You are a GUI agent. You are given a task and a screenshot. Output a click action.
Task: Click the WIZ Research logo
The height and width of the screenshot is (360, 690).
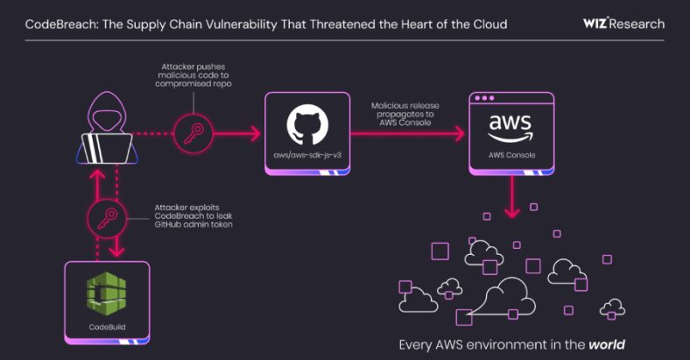[x=623, y=23]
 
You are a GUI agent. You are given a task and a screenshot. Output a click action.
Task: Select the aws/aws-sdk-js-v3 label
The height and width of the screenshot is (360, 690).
[x=307, y=156]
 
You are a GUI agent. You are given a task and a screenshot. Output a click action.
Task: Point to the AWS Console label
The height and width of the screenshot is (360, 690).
[x=511, y=156]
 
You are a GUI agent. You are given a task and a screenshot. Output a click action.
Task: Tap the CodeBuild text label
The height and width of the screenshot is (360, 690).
[x=106, y=327]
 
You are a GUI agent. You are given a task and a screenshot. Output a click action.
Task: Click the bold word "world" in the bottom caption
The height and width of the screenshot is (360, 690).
[x=607, y=344]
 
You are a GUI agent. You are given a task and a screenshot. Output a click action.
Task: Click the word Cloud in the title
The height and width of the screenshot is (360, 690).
[x=487, y=23]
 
